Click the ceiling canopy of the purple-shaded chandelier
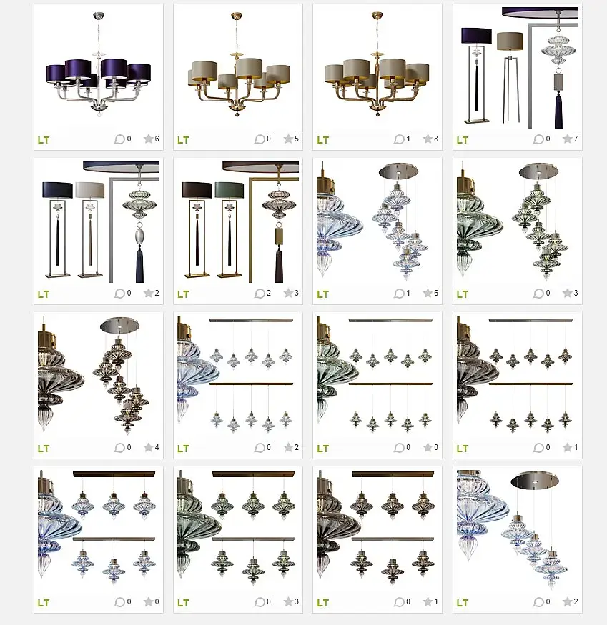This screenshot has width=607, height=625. [x=99, y=15]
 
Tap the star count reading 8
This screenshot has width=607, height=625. [x=436, y=139]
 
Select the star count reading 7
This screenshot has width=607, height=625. [x=576, y=139]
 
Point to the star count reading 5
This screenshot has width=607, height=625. [x=297, y=139]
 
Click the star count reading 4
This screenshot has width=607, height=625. [x=157, y=447]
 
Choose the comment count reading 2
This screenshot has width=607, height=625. [x=269, y=293]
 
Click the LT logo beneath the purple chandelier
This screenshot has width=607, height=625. [x=44, y=140]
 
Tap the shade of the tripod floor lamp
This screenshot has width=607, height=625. [x=510, y=41]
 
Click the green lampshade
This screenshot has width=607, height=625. [x=229, y=190]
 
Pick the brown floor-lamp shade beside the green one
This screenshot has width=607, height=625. [x=197, y=190]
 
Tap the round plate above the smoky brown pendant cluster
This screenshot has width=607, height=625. [x=119, y=326]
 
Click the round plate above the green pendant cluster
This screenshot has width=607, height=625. [x=538, y=171]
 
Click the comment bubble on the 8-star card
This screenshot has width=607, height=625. [x=399, y=139]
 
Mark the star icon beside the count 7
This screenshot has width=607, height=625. [x=567, y=139]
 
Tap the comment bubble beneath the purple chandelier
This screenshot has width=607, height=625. [x=119, y=139]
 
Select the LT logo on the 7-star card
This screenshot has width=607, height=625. [x=463, y=140]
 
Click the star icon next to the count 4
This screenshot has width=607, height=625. [x=148, y=447]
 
